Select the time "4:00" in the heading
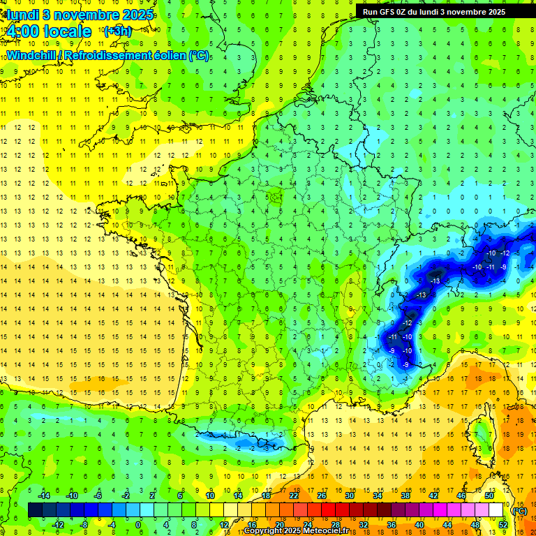click(x=23, y=31)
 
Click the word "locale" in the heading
click(x=68, y=31)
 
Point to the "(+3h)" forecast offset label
click(x=117, y=31)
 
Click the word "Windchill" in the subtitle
click(x=31, y=55)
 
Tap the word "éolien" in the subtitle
click(x=169, y=55)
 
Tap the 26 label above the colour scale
click(x=322, y=496)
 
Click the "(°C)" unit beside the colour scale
click(x=519, y=510)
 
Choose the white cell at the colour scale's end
click(x=496, y=510)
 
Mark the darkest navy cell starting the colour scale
click(x=35, y=510)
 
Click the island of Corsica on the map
click(x=479, y=436)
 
